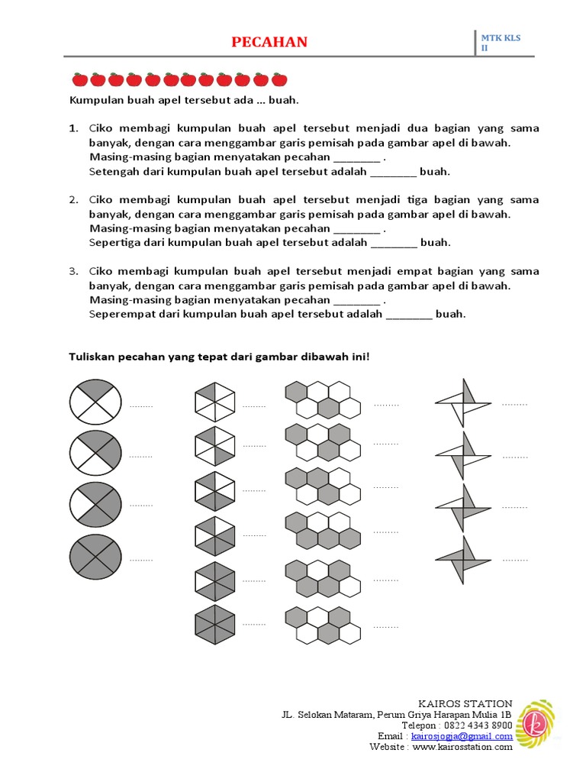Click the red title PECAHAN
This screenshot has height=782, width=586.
click(x=269, y=42)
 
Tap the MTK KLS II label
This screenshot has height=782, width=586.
click(x=500, y=43)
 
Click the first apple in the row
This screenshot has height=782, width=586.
click(x=79, y=79)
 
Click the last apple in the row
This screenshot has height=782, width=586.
click(x=279, y=79)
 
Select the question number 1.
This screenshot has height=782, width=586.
click(x=74, y=128)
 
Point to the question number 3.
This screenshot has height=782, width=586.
click(x=74, y=271)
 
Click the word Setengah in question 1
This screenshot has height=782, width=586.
click(x=112, y=171)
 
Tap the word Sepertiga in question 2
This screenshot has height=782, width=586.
click(x=114, y=243)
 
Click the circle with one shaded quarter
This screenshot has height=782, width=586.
click(x=95, y=402)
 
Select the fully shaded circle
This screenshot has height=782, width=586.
click(x=95, y=556)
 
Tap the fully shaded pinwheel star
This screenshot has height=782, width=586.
click(x=462, y=559)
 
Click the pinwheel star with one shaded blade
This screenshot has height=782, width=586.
click(x=462, y=402)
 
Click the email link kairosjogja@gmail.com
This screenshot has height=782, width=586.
click(x=462, y=736)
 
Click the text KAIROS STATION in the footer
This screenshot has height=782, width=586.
click(x=465, y=703)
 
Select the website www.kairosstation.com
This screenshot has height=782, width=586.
click(x=462, y=747)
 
